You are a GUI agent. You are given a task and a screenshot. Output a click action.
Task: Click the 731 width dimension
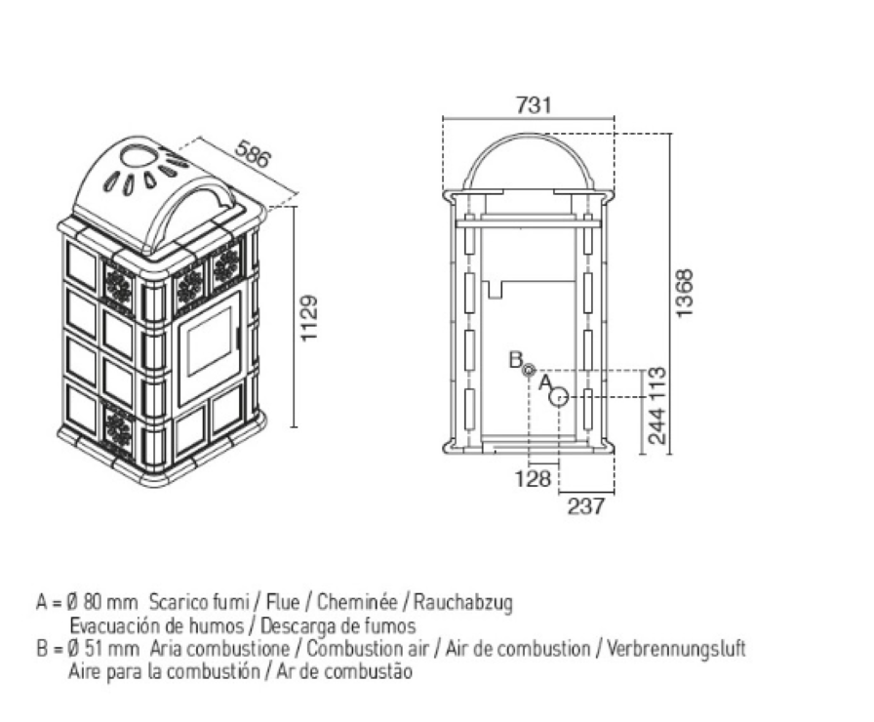pyautogui.click(x=534, y=104)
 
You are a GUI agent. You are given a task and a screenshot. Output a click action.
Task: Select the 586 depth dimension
pyautogui.click(x=253, y=154)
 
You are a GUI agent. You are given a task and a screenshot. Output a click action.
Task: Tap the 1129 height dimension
pyautogui.click(x=308, y=318)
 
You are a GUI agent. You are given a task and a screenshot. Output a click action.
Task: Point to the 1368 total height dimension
pyautogui.click(x=684, y=294)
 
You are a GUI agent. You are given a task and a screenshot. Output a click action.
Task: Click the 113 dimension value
pyautogui.click(x=657, y=383)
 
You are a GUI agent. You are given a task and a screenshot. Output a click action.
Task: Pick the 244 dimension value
pyautogui.click(x=657, y=426)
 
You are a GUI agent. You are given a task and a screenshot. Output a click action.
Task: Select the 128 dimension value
pyautogui.click(x=533, y=478)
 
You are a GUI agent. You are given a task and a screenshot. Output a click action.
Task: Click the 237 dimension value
pyautogui.click(x=585, y=506)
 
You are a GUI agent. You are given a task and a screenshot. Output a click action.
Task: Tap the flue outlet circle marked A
pyautogui.click(x=559, y=397)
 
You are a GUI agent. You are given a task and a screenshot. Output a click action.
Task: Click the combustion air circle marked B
pyautogui.click(x=529, y=369)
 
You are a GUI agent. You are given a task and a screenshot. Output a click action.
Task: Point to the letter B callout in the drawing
pyautogui.click(x=515, y=360)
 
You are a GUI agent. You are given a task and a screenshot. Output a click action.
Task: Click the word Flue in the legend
pyautogui.click(x=283, y=602)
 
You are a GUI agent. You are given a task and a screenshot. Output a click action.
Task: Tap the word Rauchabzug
pyautogui.click(x=462, y=603)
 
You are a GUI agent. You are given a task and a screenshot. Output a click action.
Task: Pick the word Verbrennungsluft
pyautogui.click(x=676, y=649)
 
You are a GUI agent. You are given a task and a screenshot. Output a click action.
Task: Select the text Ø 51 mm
pyautogui.click(x=98, y=649)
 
